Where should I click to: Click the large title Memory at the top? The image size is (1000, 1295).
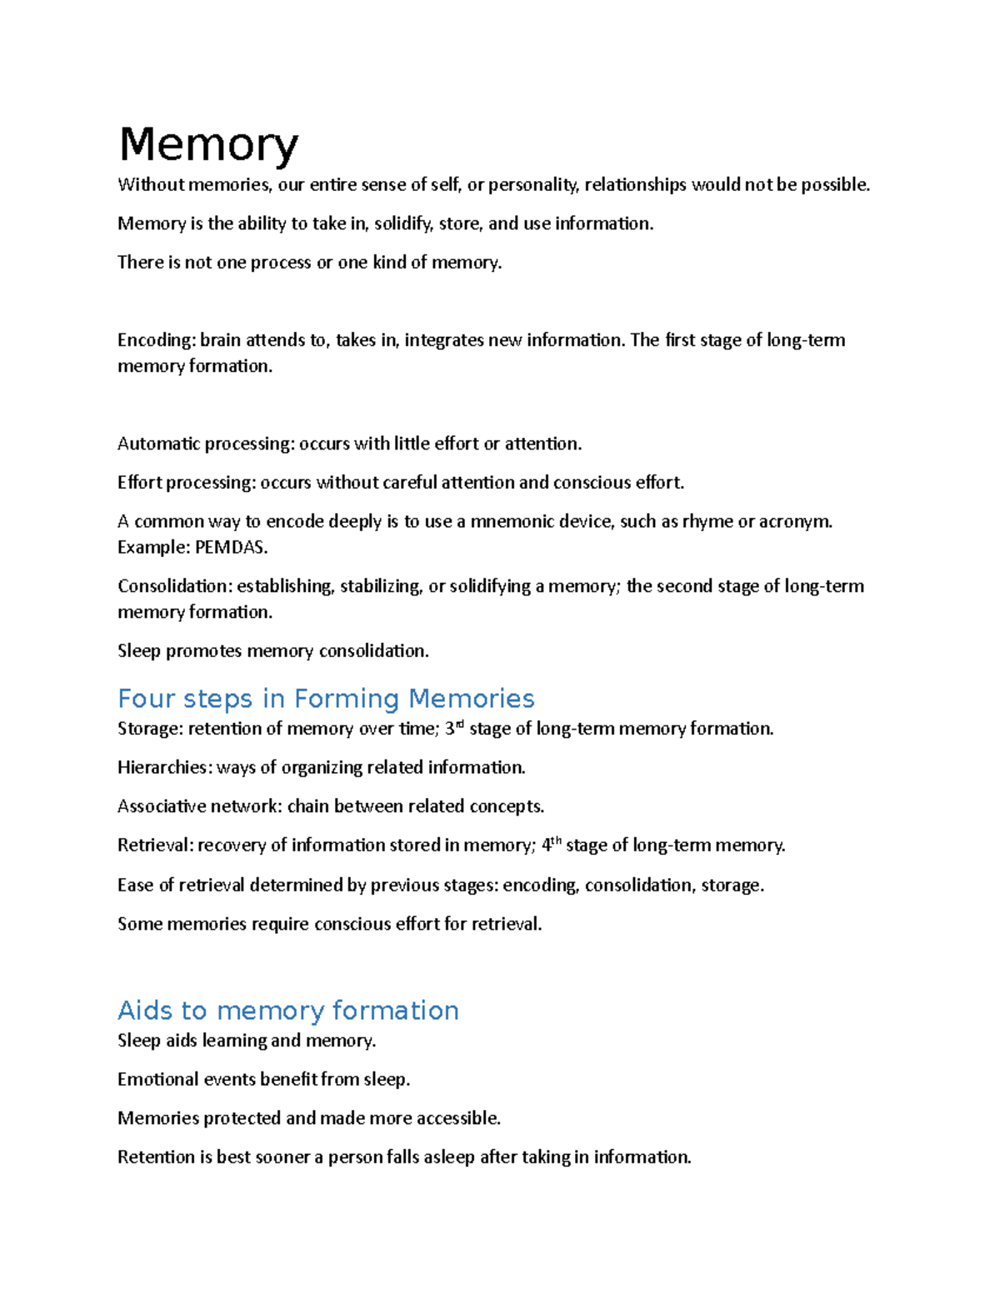pos(208,144)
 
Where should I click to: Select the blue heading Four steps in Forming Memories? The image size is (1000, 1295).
pos(326,698)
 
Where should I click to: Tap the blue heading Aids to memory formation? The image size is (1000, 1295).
pos(288,1010)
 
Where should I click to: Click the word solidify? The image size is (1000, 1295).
pos(398,223)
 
